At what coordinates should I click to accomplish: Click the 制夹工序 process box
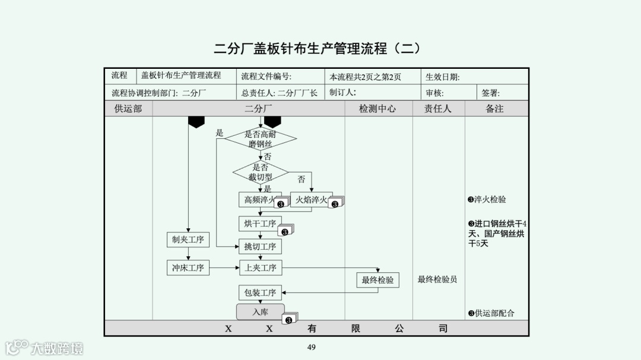coord(188,240)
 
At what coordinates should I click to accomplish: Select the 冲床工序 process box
coord(188,268)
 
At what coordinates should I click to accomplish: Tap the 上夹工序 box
coord(261,268)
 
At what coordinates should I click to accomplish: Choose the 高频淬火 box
coord(259,200)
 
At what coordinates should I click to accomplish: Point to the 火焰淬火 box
coord(311,200)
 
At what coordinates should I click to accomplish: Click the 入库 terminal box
coord(261,311)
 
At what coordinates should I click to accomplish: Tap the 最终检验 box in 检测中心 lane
coord(378,280)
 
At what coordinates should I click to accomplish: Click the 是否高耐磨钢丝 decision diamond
coord(261,139)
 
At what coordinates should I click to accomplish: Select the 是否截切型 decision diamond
coord(261,172)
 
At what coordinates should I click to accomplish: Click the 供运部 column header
coord(128,109)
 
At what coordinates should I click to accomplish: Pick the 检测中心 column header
coord(377,109)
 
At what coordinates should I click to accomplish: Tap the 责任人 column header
coord(438,109)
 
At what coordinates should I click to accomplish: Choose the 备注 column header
coord(494,109)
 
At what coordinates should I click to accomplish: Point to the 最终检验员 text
coord(437,279)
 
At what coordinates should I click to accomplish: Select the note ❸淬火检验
coord(487,200)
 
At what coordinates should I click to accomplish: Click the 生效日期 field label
coord(442,77)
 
